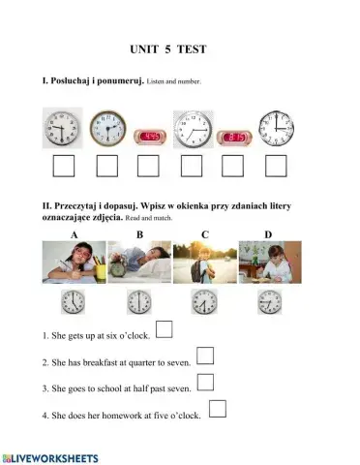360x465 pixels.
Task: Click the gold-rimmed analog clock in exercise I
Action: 107,128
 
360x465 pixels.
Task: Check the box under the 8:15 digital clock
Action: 234,167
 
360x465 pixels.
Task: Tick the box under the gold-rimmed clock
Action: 106,167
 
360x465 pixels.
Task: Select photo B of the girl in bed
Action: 139,263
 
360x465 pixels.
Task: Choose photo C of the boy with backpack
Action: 205,263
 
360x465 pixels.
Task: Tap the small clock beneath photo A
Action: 74,301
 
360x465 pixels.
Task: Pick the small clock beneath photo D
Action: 270,301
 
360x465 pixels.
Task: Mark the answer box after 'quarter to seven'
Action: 204,356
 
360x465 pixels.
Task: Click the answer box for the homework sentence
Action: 218,408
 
